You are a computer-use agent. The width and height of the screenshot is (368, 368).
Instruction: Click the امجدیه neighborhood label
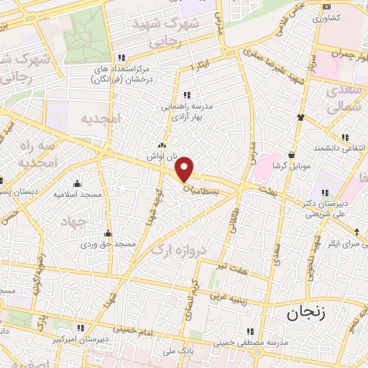(98, 118)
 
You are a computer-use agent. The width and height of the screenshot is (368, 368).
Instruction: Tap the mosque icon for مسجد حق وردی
(108, 233)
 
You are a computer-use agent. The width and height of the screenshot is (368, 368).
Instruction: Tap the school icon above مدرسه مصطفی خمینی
(250, 331)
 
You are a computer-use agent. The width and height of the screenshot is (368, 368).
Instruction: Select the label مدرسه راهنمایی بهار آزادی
(187, 111)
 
